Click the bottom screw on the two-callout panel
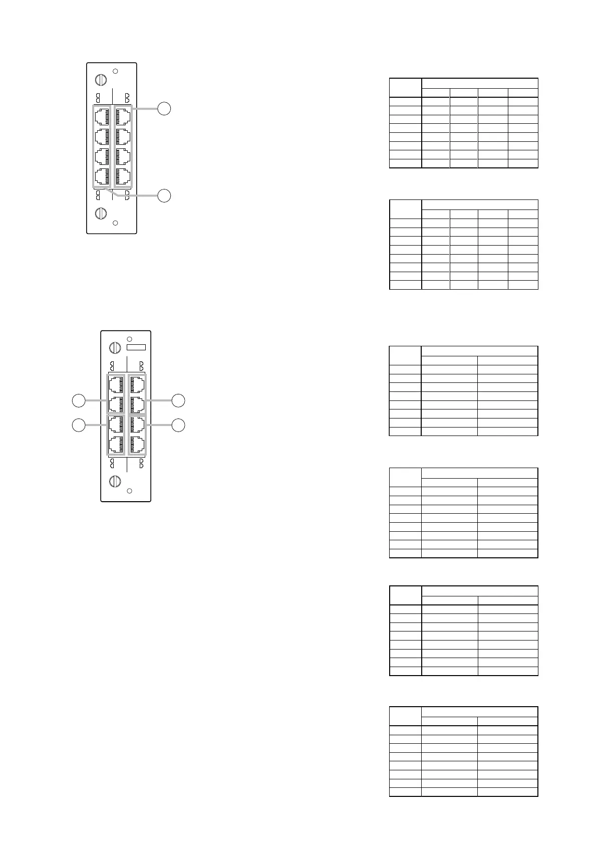[x=101, y=213]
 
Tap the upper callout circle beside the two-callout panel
[x=164, y=108]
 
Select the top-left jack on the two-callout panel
[x=102, y=116]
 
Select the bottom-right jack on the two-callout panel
[x=123, y=176]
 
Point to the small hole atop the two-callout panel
[x=116, y=71]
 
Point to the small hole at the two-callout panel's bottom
[x=115, y=223]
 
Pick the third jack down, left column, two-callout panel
[x=102, y=156]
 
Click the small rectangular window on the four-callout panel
[x=136, y=347]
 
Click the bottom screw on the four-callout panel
[x=115, y=481]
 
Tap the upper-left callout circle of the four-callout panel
[x=78, y=400]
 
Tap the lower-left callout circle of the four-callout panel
[x=78, y=425]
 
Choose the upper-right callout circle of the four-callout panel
[x=178, y=400]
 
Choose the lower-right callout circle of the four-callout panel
[x=178, y=425]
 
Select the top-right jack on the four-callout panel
[x=137, y=384]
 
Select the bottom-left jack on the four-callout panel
[x=116, y=444]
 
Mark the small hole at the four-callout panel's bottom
[x=129, y=491]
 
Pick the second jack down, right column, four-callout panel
[x=137, y=404]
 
